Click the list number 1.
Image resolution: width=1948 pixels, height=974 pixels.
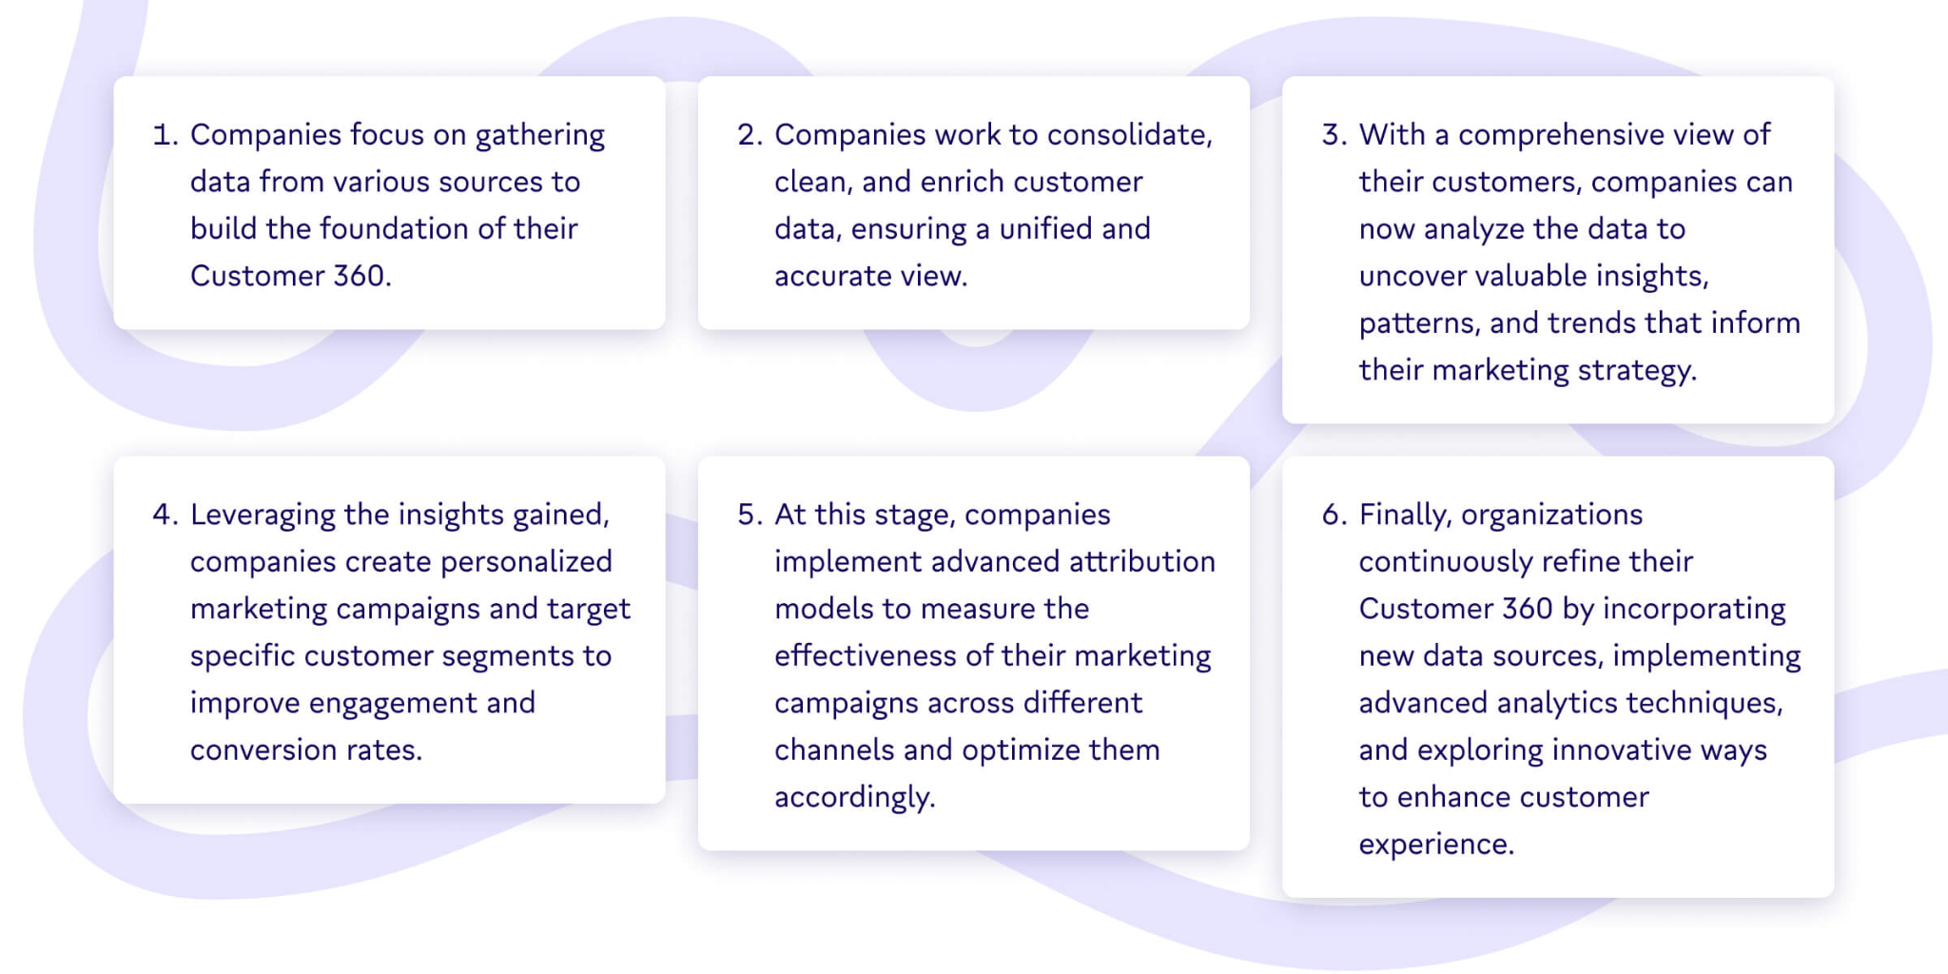[x=166, y=135]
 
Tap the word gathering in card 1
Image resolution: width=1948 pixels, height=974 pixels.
[x=539, y=136]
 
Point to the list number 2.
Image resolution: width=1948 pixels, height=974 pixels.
[x=750, y=135]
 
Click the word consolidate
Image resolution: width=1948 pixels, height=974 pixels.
[x=1129, y=135]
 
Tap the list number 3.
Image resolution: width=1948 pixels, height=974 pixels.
[x=1334, y=135]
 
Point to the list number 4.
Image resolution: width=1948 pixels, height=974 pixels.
[x=166, y=515]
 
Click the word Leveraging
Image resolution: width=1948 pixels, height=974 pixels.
[x=263, y=516]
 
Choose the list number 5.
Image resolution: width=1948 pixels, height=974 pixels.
[x=750, y=515]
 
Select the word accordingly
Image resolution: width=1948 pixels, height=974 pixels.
[x=855, y=798]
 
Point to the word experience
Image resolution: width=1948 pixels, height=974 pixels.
[x=1436, y=846]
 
